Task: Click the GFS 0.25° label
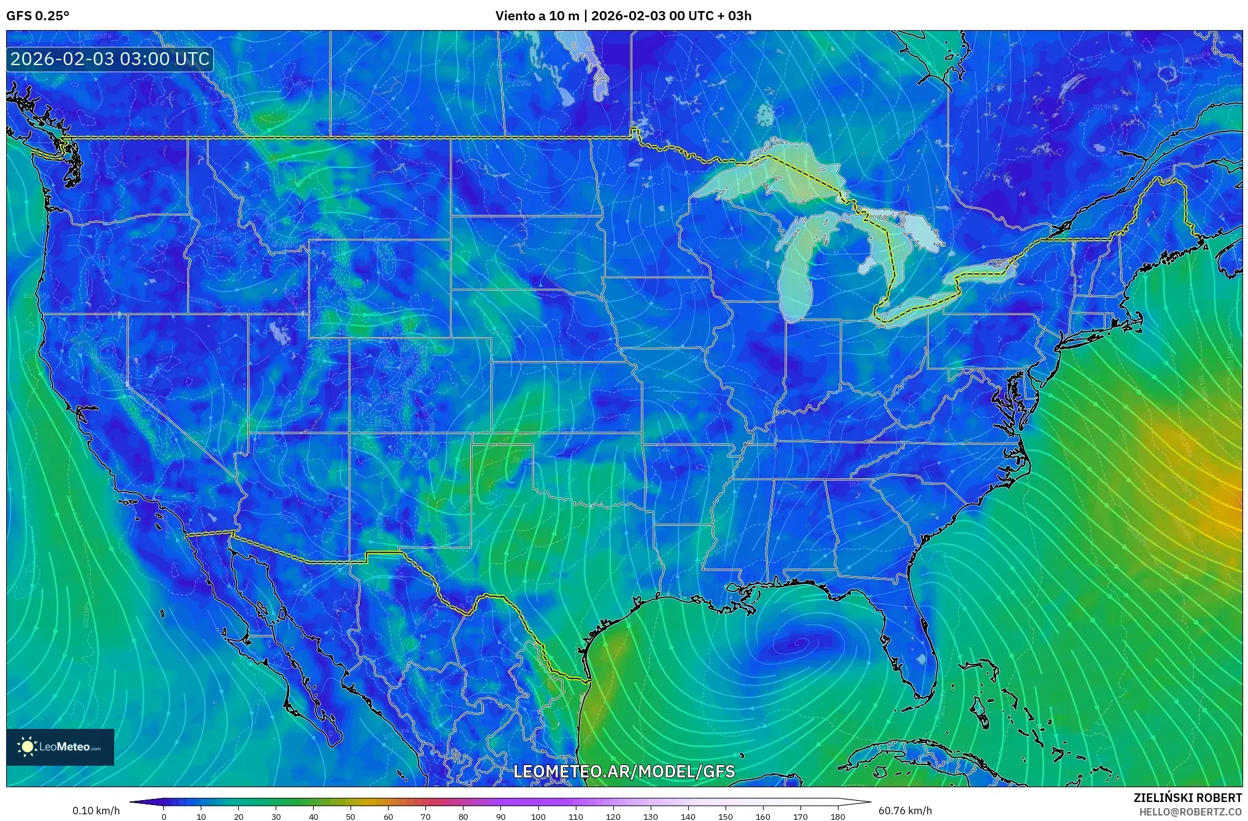click(37, 15)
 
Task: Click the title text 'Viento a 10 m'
click(537, 15)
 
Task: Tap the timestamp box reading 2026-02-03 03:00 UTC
click(110, 59)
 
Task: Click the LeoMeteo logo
click(60, 747)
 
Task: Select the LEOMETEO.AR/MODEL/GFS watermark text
click(624, 771)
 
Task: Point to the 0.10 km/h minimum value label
click(96, 811)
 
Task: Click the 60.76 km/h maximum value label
click(904, 811)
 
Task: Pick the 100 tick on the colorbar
click(538, 817)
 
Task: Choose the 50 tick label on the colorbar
click(351, 817)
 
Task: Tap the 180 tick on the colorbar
click(837, 817)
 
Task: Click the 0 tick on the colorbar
click(163, 817)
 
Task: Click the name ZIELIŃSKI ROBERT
click(1187, 798)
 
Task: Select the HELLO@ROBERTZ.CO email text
click(1190, 812)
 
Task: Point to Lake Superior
click(767, 175)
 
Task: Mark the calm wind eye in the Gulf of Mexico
click(800, 644)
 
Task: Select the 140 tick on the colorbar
click(688, 817)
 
